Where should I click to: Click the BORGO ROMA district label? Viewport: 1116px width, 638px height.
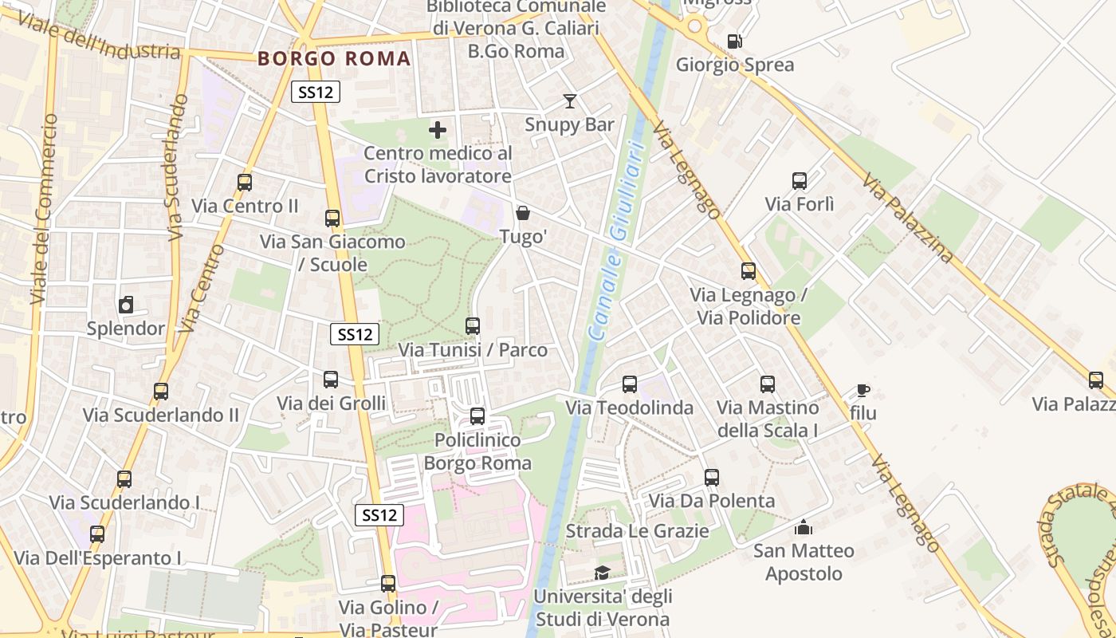pyautogui.click(x=335, y=58)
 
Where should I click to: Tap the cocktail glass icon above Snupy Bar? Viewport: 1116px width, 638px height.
pyautogui.click(x=569, y=101)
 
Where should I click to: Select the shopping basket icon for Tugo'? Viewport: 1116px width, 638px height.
pyautogui.click(x=523, y=213)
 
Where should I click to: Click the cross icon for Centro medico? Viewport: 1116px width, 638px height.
pyautogui.click(x=438, y=129)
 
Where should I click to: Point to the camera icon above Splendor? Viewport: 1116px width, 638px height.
pyautogui.click(x=125, y=305)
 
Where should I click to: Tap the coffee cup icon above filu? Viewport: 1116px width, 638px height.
pyautogui.click(x=863, y=390)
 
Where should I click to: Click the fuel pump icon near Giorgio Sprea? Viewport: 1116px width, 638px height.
pyautogui.click(x=734, y=41)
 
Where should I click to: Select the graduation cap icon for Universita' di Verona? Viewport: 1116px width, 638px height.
pyautogui.click(x=602, y=573)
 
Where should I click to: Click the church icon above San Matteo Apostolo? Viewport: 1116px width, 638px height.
pyautogui.click(x=803, y=527)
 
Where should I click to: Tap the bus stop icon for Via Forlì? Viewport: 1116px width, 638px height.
pyautogui.click(x=800, y=181)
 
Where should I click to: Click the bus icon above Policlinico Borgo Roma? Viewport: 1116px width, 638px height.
pyautogui.click(x=477, y=416)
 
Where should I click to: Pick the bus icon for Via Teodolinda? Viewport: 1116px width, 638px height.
pyautogui.click(x=630, y=384)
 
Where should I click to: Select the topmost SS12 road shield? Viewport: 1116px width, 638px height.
pyautogui.click(x=316, y=92)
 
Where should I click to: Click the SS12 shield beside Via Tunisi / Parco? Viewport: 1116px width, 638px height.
pyautogui.click(x=355, y=334)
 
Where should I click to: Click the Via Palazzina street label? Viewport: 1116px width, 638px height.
pyautogui.click(x=908, y=219)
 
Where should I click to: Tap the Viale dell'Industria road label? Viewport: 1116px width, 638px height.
pyautogui.click(x=97, y=36)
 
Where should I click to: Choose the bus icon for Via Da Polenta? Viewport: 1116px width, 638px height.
pyautogui.click(x=712, y=478)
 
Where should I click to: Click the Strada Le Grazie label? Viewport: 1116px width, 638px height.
pyautogui.click(x=637, y=531)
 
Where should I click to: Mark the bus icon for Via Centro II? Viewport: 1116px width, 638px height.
pyautogui.click(x=245, y=183)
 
